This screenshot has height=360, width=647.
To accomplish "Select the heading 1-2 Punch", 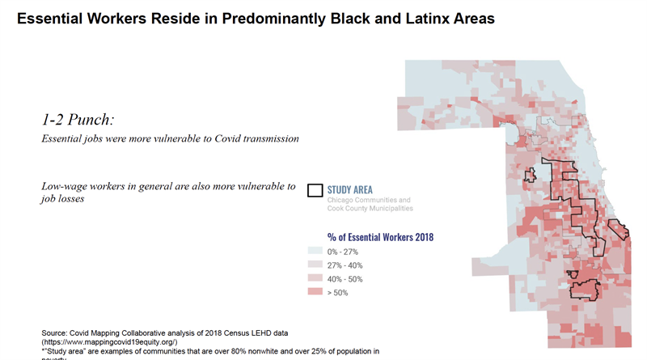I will pyautogui.click(x=78, y=118).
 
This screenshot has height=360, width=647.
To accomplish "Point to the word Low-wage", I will pyautogui.click(x=66, y=186).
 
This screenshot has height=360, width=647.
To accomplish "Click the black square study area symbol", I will pyautogui.click(x=315, y=191).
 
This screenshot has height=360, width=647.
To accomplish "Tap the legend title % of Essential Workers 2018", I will pyautogui.click(x=380, y=237).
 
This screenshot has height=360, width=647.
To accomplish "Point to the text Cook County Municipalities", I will pyautogui.click(x=370, y=209).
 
